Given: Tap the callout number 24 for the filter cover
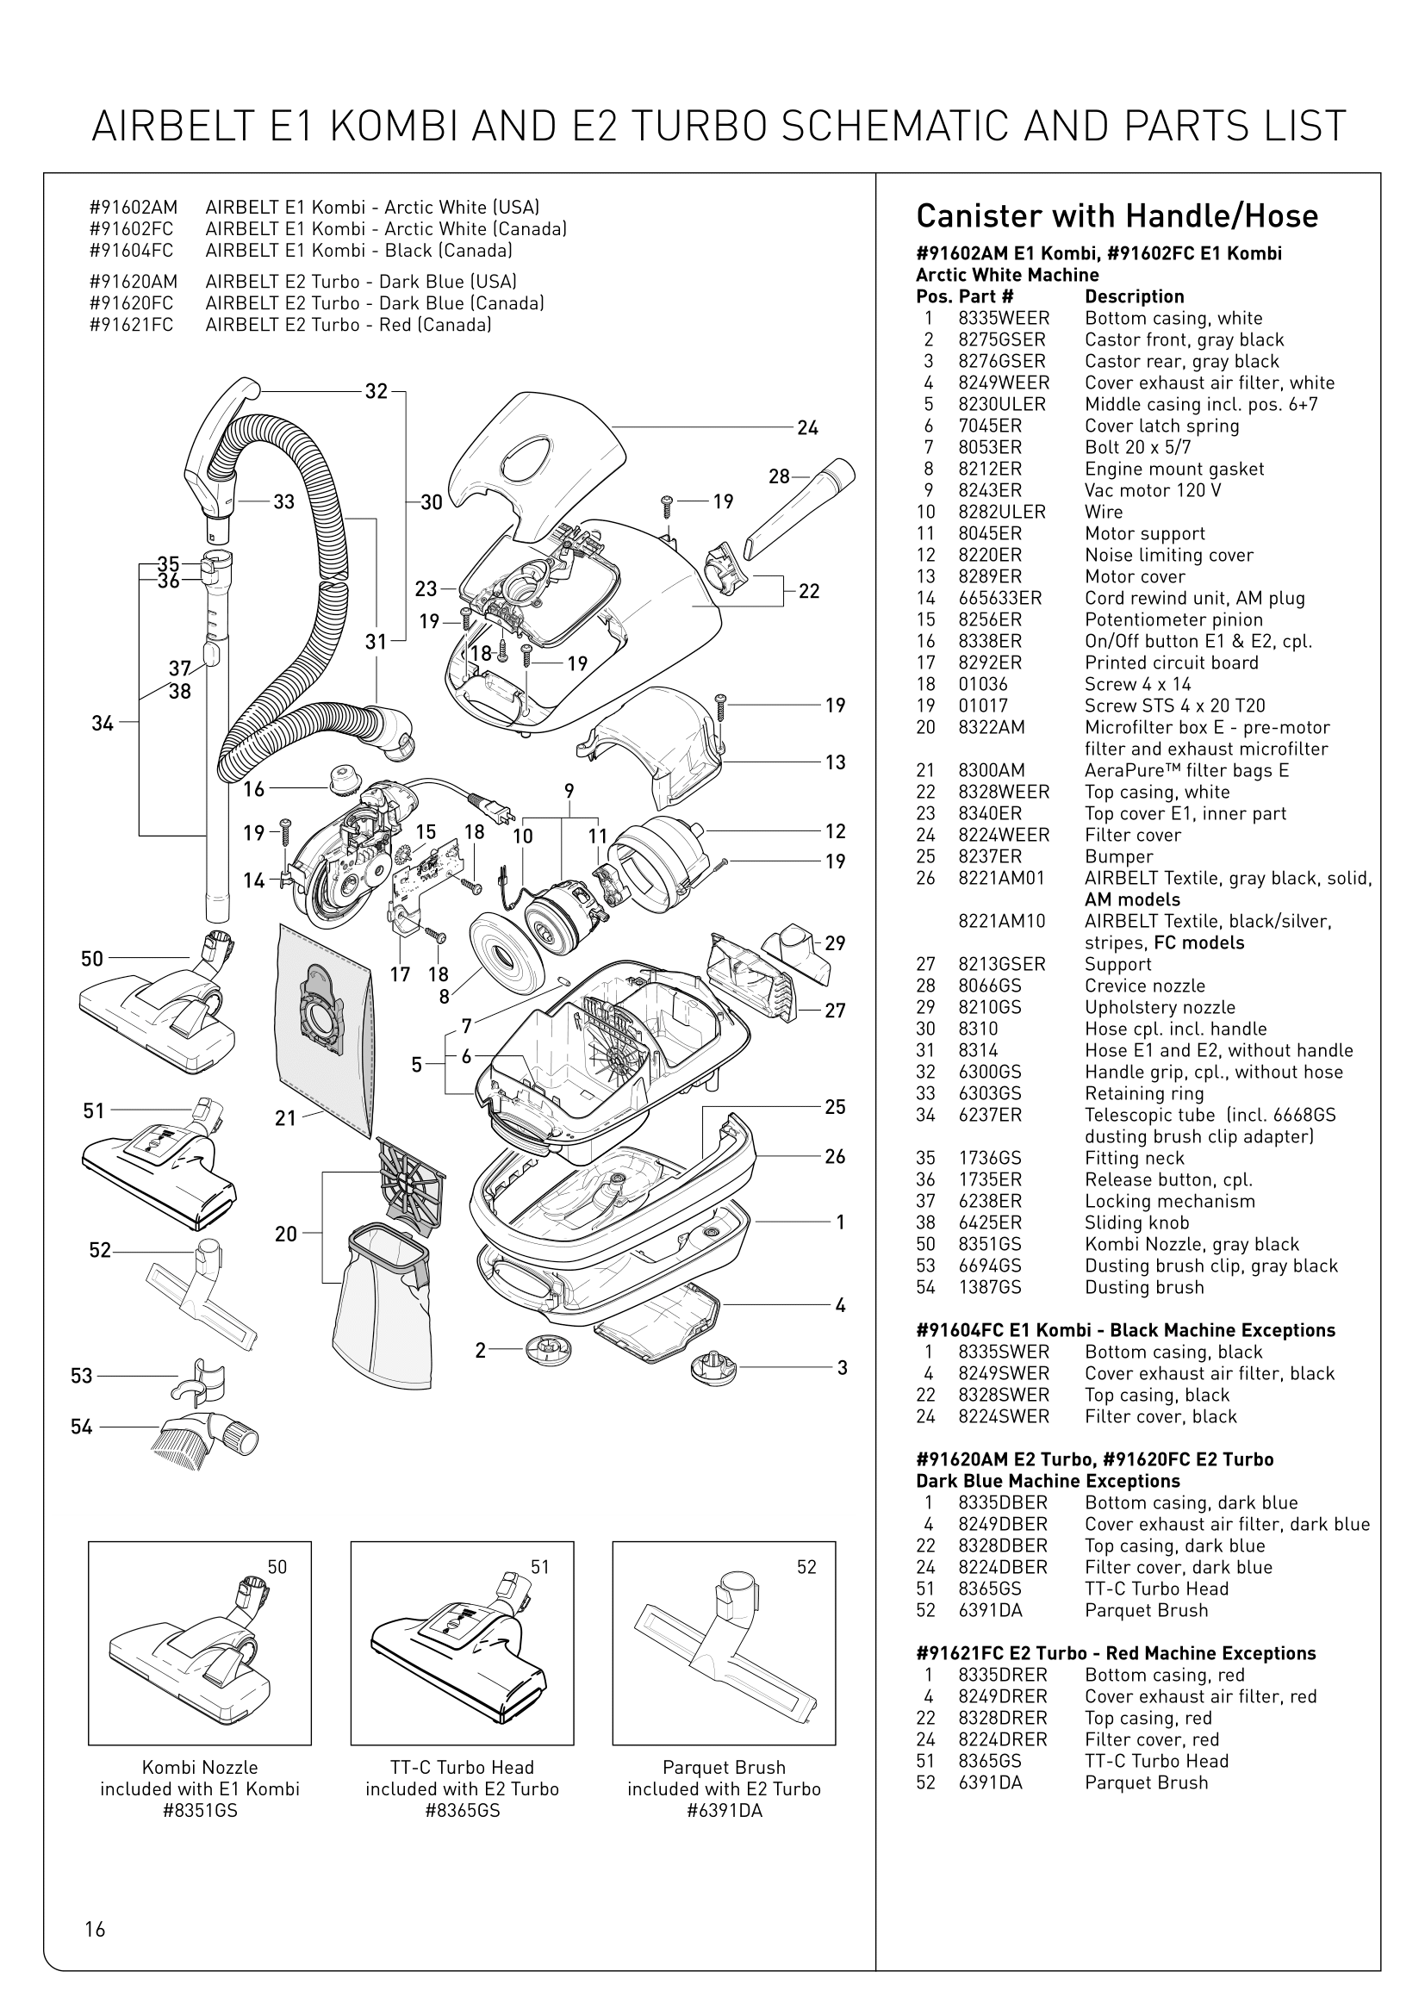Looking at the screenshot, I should (807, 428).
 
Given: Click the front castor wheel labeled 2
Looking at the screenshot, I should (549, 1349).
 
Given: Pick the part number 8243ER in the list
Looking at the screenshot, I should (990, 490).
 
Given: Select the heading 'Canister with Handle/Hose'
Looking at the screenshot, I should (1116, 216).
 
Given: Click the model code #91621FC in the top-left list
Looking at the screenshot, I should (132, 325).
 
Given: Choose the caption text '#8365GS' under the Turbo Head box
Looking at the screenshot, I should (462, 1811).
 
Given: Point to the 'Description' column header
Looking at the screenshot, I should (1134, 296).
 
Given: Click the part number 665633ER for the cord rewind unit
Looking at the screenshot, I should (999, 599).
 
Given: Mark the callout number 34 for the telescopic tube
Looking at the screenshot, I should (103, 723).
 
